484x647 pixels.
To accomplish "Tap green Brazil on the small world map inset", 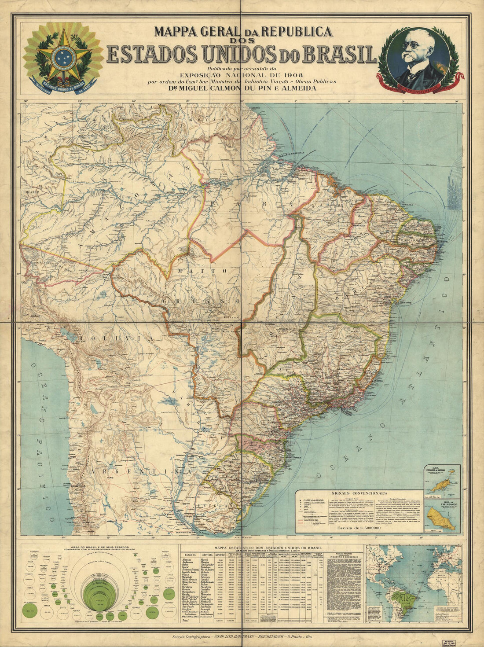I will pyautogui.click(x=406, y=596).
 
